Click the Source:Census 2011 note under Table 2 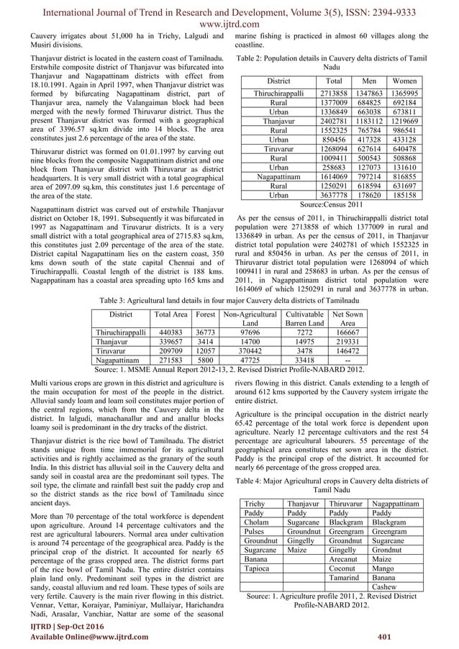pyautogui.click(x=340, y=205)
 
